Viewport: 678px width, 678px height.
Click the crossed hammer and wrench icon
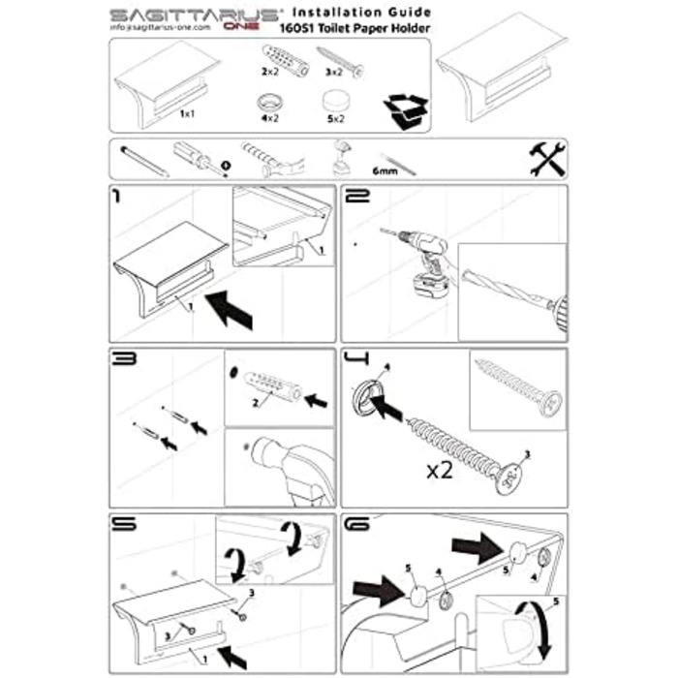547,159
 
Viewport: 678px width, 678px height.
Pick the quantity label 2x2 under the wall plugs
268,72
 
